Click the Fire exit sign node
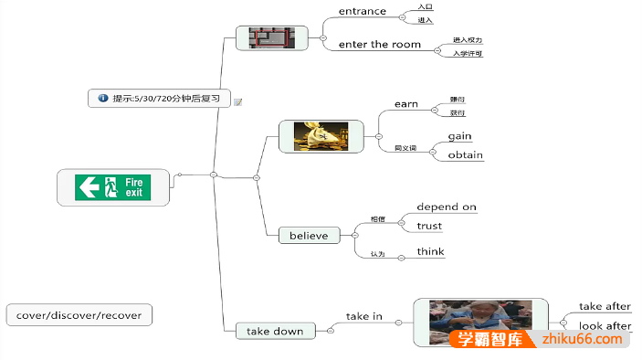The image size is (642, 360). coord(113,187)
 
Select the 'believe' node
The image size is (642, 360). coord(309,236)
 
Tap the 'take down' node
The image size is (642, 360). coord(275,331)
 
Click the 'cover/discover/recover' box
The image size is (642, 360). coord(79,315)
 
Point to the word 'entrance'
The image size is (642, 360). coord(363,12)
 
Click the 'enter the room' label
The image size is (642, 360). coord(380,44)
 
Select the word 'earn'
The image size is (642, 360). coord(406,104)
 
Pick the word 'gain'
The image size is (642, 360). coord(460,136)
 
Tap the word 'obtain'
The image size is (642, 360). coord(465,155)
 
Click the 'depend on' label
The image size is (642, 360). coord(447,207)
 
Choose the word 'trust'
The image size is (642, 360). coord(429,226)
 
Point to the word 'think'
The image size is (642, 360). coord(430,251)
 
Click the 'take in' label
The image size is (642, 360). coord(363,316)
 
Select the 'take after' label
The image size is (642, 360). coord(605,307)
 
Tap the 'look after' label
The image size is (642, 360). coord(605,326)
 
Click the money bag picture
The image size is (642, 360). coord(321,136)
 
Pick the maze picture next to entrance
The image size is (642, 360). coord(271,37)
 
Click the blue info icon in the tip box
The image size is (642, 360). coord(103,98)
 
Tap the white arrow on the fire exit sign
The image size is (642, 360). coord(89,187)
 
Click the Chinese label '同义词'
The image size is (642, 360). coord(405,147)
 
